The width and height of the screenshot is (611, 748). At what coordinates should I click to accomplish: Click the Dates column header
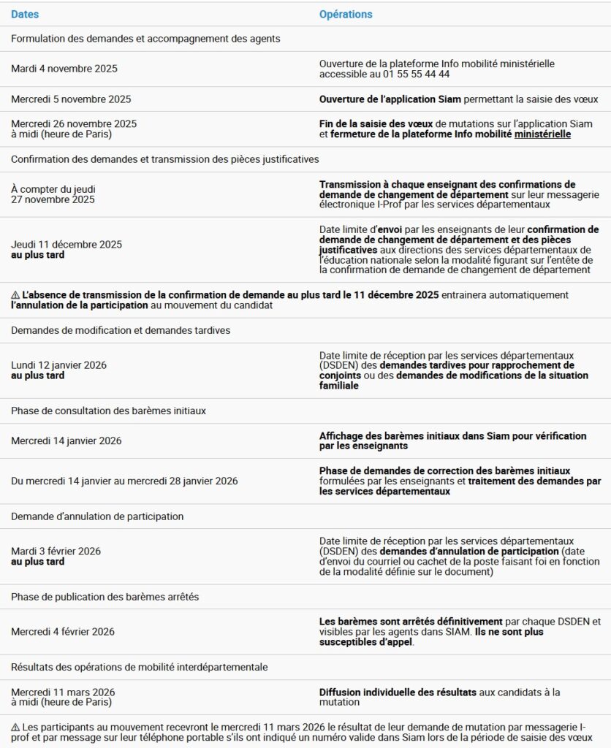[25, 15]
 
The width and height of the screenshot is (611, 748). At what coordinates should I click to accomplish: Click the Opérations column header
[346, 15]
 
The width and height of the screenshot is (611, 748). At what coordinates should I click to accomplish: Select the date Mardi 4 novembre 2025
[64, 69]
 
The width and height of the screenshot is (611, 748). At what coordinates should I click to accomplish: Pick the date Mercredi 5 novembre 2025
[71, 99]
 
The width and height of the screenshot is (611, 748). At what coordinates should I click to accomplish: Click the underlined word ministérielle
[542, 134]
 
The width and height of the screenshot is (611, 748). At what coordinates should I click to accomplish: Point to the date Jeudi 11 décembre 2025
[67, 244]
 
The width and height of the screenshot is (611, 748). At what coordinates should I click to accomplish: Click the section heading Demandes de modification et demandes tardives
[121, 330]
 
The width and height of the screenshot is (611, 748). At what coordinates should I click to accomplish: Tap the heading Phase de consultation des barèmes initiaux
[108, 411]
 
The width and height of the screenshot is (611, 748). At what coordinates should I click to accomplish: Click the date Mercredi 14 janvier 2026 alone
[67, 440]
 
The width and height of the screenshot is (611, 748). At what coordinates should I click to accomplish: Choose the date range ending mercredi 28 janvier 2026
[124, 481]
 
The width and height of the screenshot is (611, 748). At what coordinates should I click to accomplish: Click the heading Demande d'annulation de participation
[97, 516]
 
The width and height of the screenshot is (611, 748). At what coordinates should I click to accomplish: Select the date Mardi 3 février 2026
[56, 551]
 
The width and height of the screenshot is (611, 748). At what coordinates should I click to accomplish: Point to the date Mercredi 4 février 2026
[63, 631]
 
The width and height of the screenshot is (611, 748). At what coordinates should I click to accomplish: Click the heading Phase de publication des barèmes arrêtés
[105, 597]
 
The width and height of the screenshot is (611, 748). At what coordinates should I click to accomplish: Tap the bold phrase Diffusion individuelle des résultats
[398, 692]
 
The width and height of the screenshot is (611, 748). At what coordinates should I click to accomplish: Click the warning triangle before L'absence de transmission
[15, 295]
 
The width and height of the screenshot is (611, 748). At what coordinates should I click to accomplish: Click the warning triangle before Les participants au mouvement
[15, 728]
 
